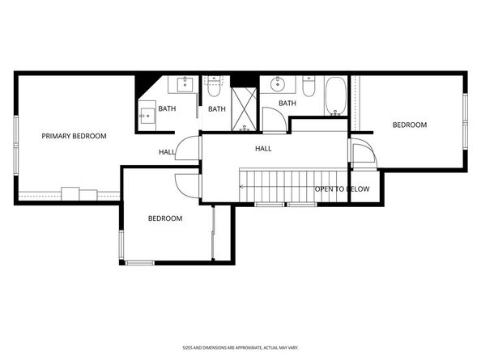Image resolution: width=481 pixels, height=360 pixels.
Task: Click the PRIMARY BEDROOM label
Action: (x=74, y=136)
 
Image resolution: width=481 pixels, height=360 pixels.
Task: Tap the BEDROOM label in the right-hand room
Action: (x=409, y=125)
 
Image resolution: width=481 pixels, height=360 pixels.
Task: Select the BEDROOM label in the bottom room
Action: (x=164, y=218)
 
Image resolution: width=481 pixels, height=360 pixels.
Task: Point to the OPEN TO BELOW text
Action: (x=342, y=189)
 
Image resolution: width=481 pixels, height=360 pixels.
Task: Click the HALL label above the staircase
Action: (x=263, y=149)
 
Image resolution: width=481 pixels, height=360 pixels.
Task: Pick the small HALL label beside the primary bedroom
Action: (x=167, y=152)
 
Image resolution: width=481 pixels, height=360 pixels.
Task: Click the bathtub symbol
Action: (x=336, y=96)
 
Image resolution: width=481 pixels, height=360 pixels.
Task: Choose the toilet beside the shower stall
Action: (x=215, y=85)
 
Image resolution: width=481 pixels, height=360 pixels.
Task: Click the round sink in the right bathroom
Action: (x=279, y=83)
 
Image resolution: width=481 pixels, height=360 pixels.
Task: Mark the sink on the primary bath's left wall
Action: (x=147, y=115)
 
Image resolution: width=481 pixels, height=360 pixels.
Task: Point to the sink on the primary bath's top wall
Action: (x=184, y=84)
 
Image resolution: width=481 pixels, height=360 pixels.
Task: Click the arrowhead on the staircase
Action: (x=242, y=186)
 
